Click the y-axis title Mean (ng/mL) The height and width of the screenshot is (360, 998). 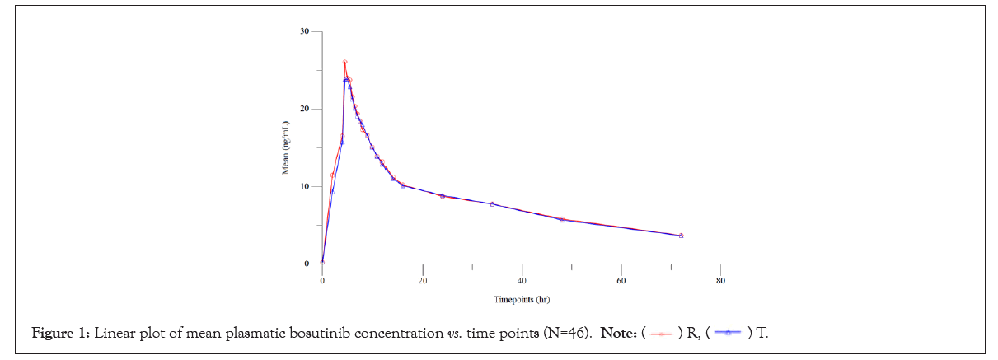(286, 147)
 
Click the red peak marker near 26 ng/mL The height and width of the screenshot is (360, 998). (344, 63)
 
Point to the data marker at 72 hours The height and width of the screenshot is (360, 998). (681, 236)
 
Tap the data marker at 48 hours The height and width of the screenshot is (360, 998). (561, 220)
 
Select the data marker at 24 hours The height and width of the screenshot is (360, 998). (442, 196)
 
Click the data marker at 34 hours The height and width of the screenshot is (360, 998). (492, 203)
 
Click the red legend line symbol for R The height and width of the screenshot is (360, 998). (661, 334)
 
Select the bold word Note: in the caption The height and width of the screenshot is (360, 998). (617, 334)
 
